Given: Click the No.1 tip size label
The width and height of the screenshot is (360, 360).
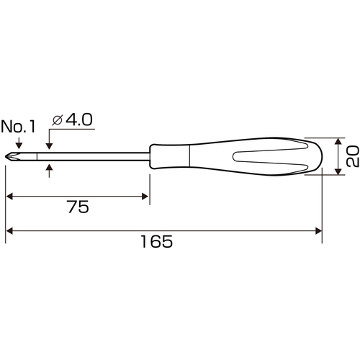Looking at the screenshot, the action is coord(18,127).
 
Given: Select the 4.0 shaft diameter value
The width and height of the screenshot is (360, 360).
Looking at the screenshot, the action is coord(79,120).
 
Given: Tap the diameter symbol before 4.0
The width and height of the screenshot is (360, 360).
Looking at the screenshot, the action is coord(58,120).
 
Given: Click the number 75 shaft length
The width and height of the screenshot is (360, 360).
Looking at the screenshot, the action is coord(78,207).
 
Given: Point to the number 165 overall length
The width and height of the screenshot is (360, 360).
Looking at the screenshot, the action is coord(156,241).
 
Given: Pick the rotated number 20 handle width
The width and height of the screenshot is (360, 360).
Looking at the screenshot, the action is coord(353,156).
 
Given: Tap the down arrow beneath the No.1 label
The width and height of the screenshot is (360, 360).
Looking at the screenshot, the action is coord(19,143).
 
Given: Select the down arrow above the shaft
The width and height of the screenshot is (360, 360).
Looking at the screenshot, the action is coord(49,144).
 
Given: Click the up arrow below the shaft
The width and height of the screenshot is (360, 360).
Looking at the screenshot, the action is coord(49,171).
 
